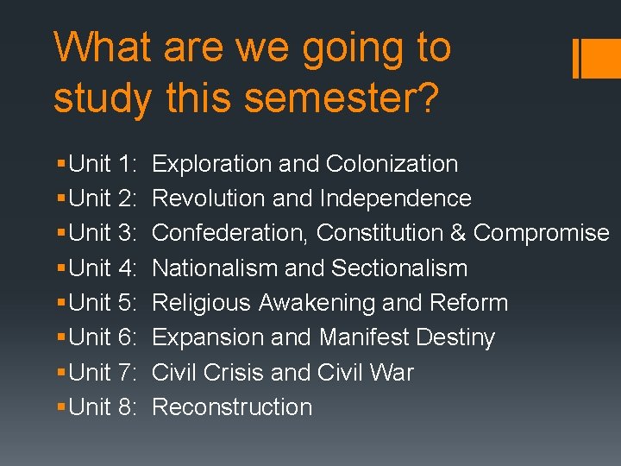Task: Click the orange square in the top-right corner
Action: click(603, 59)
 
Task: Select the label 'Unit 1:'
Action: click(104, 164)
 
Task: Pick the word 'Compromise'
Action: click(542, 233)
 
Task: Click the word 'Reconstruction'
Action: click(232, 407)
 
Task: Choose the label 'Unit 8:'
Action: click(104, 407)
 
